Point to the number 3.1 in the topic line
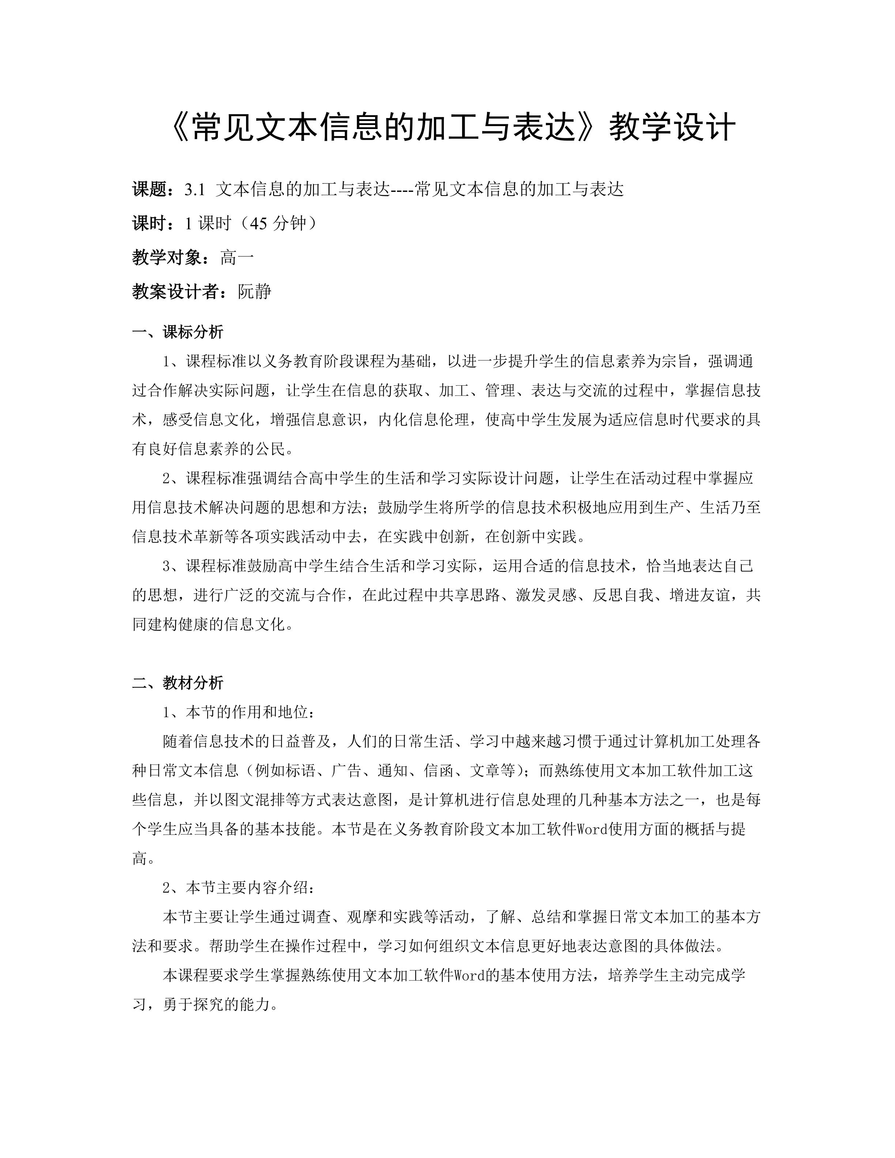195,189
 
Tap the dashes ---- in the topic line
403,189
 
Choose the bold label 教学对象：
175,258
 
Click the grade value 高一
237,258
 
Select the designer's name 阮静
254,292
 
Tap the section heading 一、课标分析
178,332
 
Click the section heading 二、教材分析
178,683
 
